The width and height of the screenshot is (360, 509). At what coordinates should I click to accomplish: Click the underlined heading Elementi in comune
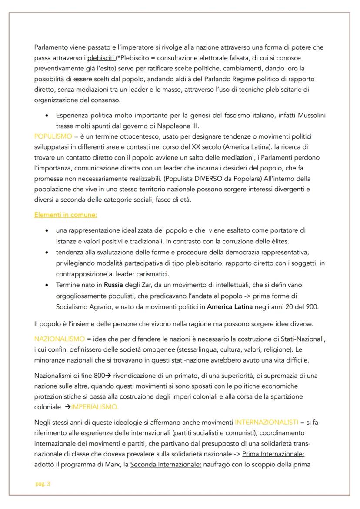[x=65, y=214]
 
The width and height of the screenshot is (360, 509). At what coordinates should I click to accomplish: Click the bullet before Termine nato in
[x=47, y=285]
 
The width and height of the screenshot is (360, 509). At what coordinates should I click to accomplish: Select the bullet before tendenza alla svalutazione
[x=47, y=252]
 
